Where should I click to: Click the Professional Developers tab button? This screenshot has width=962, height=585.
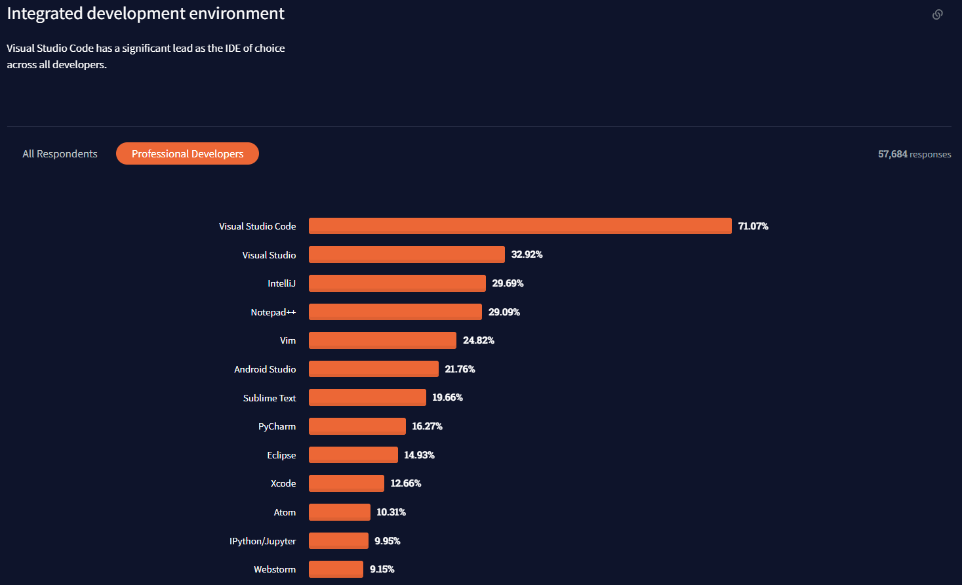188,153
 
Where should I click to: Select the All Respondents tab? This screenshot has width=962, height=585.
60,153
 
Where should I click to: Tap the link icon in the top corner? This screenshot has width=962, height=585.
938,14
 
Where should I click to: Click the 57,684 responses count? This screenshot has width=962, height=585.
914,154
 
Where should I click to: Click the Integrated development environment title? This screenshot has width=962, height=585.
146,14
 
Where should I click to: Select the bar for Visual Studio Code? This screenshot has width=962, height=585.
520,226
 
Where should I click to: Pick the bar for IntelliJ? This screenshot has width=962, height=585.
397,283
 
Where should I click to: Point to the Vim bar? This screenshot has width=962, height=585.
382,340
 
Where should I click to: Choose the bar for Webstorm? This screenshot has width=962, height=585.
336,569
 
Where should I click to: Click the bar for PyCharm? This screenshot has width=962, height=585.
357,426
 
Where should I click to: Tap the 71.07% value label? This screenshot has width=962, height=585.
753,226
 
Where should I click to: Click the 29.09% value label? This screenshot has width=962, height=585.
504,312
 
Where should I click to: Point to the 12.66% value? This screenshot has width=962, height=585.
405,483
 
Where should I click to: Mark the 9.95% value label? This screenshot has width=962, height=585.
387,541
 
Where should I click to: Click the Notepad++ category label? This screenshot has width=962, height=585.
273,312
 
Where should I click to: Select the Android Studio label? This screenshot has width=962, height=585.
265,369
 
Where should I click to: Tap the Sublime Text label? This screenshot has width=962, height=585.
269,398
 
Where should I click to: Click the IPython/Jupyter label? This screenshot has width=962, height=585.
262,541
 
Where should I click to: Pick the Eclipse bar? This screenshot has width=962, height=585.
353,455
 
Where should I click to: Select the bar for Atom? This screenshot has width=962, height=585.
339,512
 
